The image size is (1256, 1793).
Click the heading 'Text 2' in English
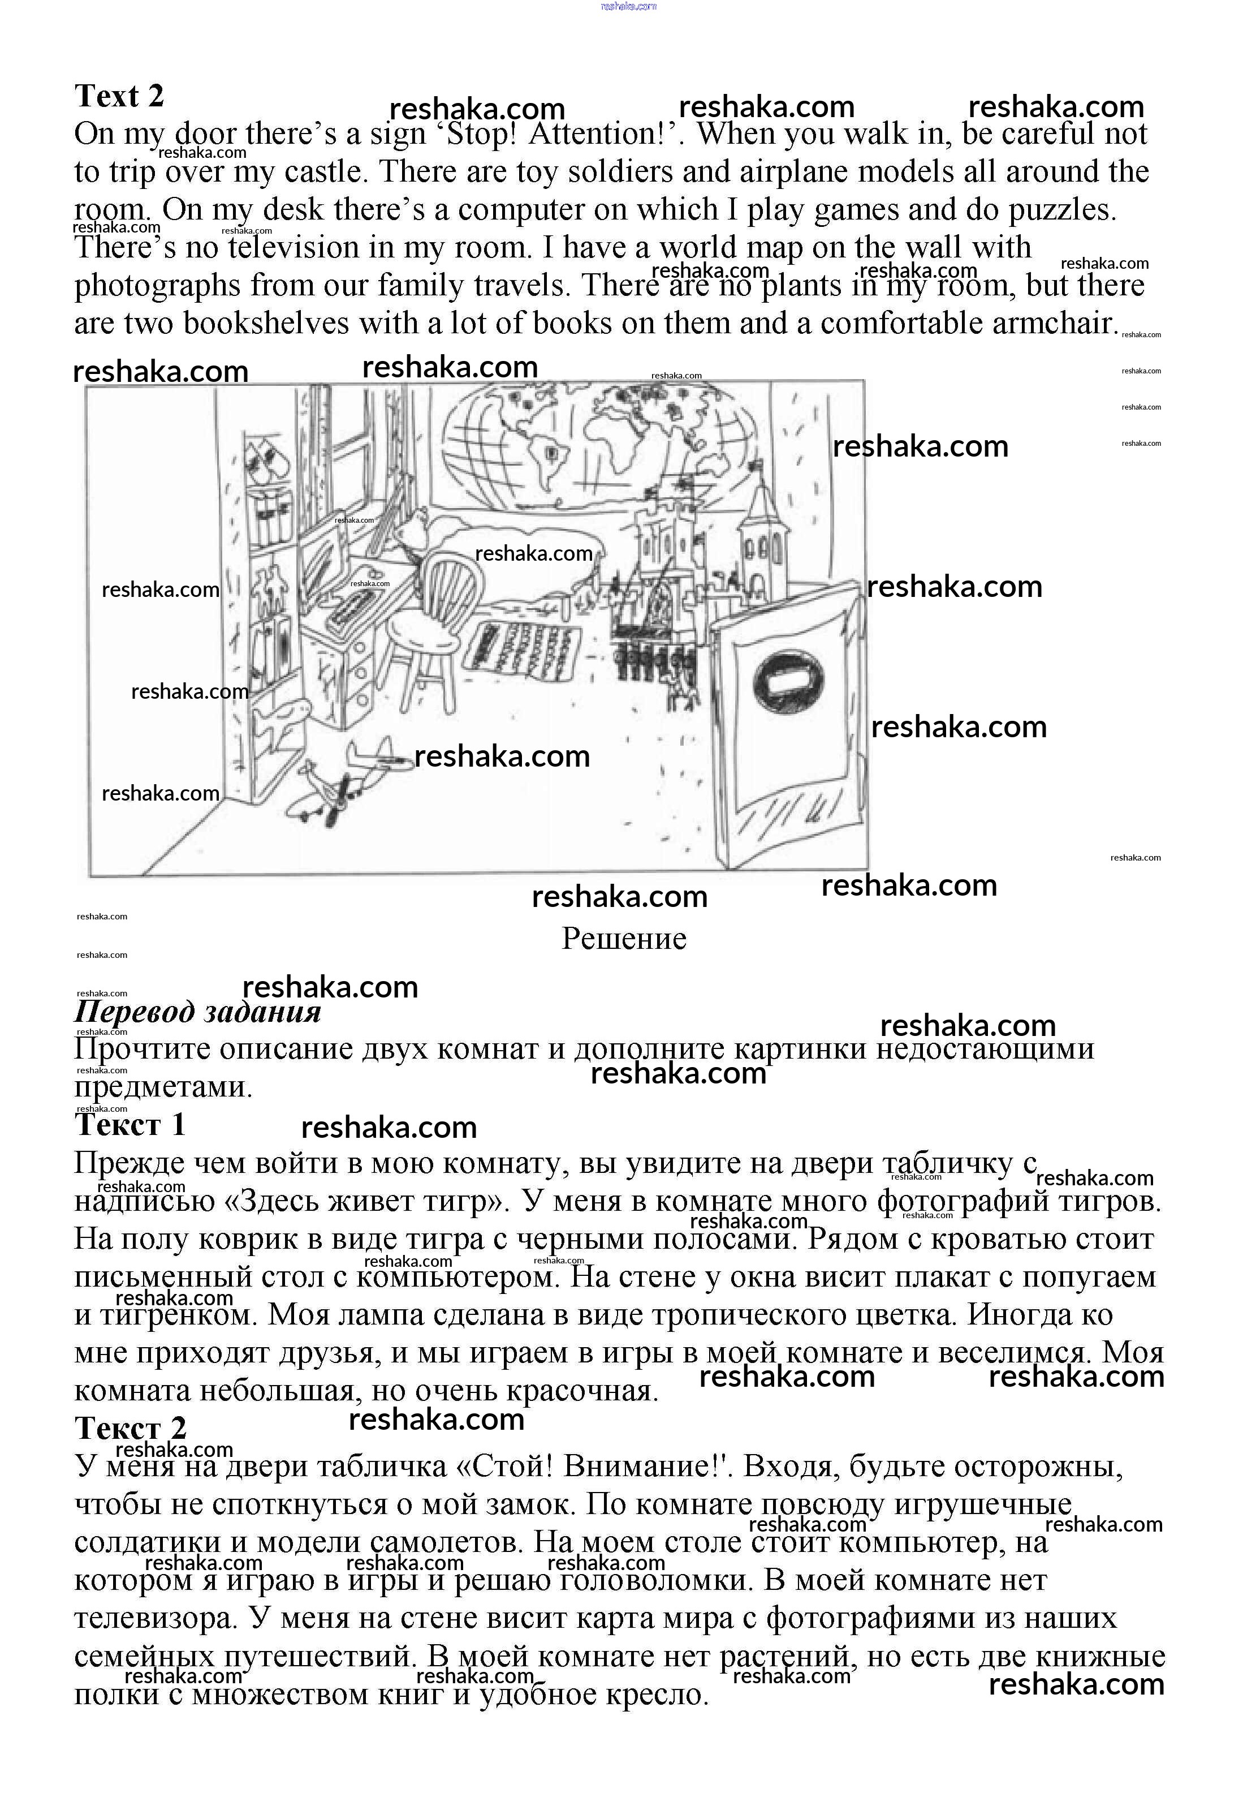click(x=119, y=96)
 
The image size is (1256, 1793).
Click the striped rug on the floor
click(x=531, y=644)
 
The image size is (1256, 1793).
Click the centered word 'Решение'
click(x=624, y=939)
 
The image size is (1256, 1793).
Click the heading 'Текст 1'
click(x=131, y=1125)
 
